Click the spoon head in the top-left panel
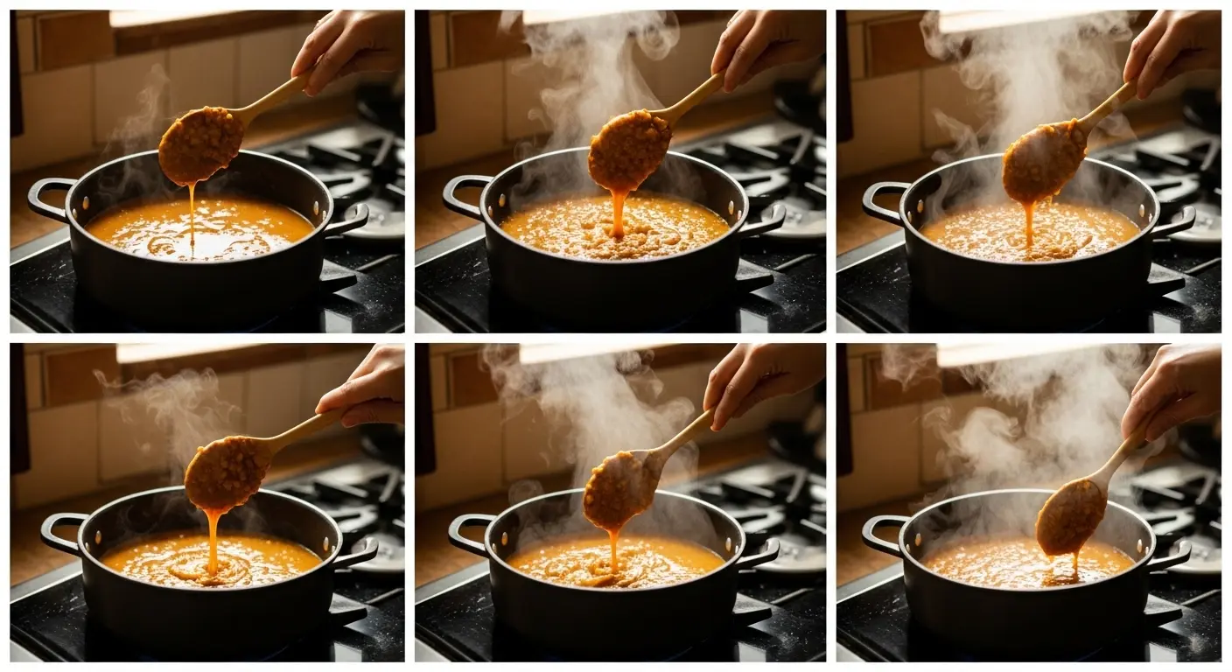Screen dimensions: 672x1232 point(200,144)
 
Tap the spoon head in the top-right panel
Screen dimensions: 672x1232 point(1044,162)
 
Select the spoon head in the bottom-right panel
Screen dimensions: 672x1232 point(1070,517)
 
